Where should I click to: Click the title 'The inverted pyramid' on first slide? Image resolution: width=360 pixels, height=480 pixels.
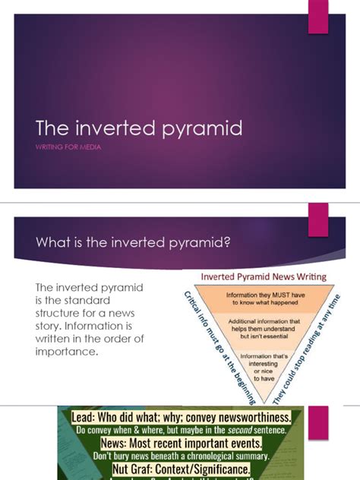[x=139, y=128]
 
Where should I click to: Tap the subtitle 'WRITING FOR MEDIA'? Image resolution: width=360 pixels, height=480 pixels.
[x=68, y=147]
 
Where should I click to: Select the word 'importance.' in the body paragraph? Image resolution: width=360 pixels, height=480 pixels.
[x=67, y=352]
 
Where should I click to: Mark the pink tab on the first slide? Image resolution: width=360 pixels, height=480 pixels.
[x=317, y=16]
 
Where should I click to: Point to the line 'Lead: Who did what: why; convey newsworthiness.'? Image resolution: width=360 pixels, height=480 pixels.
[x=181, y=417]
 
